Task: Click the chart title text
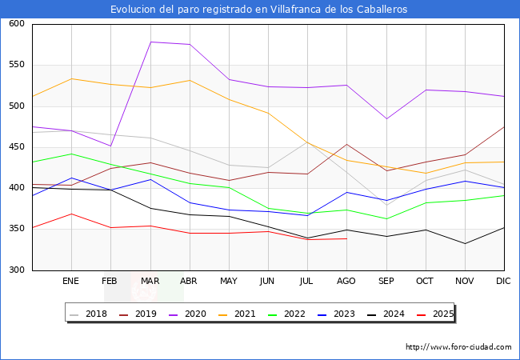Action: (259, 10)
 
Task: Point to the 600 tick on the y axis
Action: (16, 24)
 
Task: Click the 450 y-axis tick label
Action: (16, 147)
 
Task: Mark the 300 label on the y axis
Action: (16, 270)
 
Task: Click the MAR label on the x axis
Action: (150, 282)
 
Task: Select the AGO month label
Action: (346, 282)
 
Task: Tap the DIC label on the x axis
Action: (503, 282)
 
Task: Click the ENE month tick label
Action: (71, 282)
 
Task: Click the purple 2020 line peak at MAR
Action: (150, 42)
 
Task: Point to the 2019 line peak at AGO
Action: (346, 145)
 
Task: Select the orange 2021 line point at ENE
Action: (71, 78)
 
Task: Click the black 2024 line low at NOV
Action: (464, 243)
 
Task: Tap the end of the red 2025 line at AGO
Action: (346, 238)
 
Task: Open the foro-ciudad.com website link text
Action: (458, 347)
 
